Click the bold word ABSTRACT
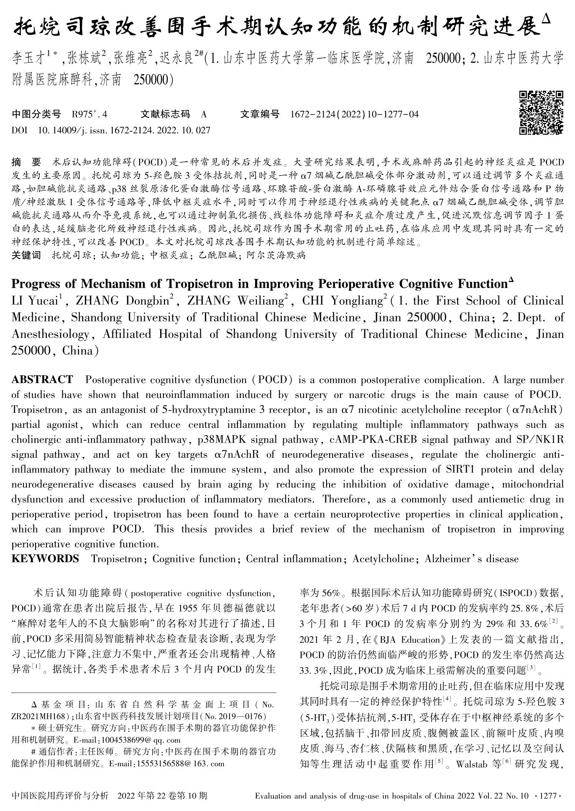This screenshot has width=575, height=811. (x=42, y=380)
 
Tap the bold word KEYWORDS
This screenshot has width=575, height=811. (x=45, y=559)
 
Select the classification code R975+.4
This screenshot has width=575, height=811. (x=89, y=115)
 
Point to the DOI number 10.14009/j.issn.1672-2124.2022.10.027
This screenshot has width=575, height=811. (x=124, y=130)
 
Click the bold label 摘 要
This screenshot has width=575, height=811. (x=27, y=162)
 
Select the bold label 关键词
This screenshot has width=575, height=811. (x=26, y=255)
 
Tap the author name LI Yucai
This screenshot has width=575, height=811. (x=35, y=301)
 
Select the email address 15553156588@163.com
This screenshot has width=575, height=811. (x=182, y=764)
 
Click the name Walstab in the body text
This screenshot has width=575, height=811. (x=472, y=765)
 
